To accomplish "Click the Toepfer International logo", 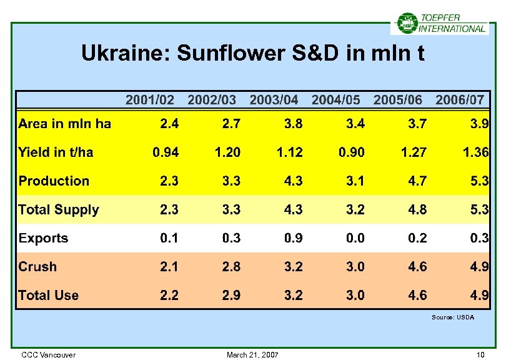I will (x=440, y=23).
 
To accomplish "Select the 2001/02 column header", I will (x=150, y=99).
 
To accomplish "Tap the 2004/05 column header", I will (x=335, y=99).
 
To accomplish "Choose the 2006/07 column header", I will (x=460, y=99).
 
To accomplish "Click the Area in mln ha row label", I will (x=65, y=124).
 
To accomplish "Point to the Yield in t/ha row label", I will (x=56, y=152).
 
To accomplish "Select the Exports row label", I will (x=43, y=238).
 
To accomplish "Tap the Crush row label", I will (x=37, y=267).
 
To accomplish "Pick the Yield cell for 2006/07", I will (x=476, y=152).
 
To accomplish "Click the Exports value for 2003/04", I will (x=294, y=238).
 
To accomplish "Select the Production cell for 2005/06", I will (x=417, y=181).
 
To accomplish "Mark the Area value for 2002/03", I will (x=231, y=124).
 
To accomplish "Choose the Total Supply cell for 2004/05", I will (x=355, y=209).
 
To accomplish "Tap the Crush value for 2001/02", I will (x=169, y=267).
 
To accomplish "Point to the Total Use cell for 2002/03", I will (x=231, y=295).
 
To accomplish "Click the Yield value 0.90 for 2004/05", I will (x=352, y=152).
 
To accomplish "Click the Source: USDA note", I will (x=453, y=317).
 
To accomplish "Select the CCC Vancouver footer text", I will (x=48, y=355).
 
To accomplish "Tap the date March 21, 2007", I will (x=253, y=355).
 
